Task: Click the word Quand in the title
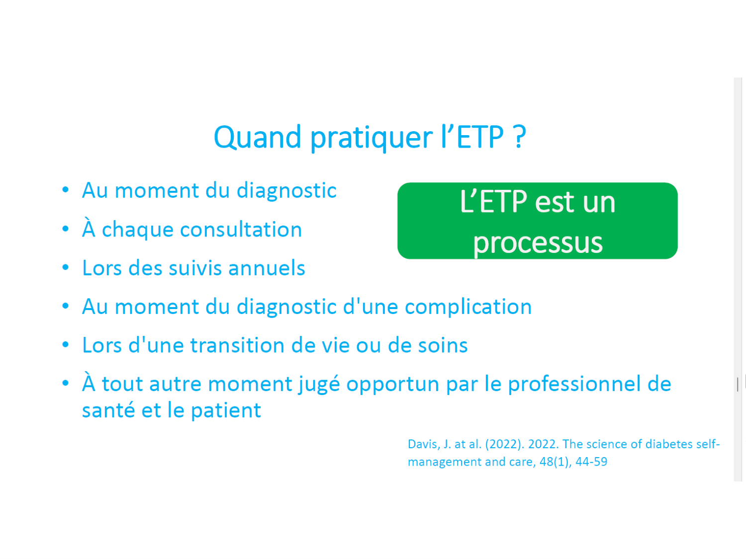pos(258,137)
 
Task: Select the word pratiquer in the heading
pos(372,139)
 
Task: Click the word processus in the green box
pos(538,243)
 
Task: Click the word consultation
pos(241,230)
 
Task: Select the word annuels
pos(267,268)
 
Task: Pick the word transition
pos(237,345)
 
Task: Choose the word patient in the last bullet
pos(226,411)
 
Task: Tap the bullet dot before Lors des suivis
pos(66,267)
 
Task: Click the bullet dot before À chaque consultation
pos(66,229)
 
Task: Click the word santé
pos(109,409)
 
